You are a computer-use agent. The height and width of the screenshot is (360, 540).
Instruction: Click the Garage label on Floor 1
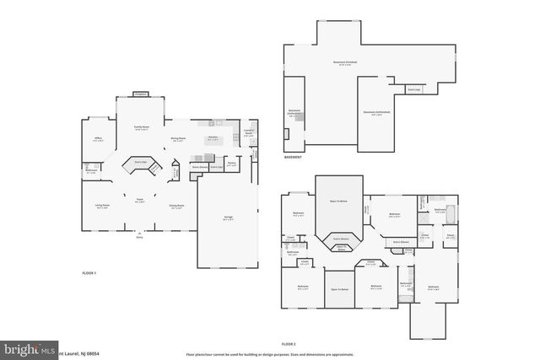point(228,218)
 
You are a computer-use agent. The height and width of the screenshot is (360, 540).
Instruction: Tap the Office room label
point(98,140)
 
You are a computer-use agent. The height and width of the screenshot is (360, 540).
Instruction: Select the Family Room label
point(141,129)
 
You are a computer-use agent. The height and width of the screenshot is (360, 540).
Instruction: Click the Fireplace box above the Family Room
point(141,94)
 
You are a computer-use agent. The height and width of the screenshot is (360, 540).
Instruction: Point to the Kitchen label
point(213,138)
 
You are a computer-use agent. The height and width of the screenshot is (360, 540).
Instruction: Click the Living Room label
point(102,207)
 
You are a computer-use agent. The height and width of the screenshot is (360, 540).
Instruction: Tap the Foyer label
point(140,200)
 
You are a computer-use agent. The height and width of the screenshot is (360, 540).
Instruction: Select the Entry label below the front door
point(140,238)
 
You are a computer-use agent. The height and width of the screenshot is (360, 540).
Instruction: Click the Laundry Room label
point(249,132)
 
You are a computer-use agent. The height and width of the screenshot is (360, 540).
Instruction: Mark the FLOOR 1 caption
point(89,274)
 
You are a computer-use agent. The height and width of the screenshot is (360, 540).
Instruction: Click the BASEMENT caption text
point(293,157)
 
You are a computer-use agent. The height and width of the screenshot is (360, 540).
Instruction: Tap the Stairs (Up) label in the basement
point(413,88)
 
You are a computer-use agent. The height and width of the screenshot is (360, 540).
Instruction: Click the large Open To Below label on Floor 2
point(338,201)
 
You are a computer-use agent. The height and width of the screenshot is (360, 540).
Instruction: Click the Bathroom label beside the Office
point(92,170)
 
